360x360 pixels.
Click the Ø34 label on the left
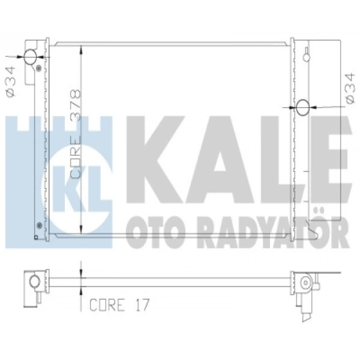[x=10, y=81]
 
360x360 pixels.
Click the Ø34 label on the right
[x=350, y=88]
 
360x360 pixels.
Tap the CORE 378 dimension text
[x=76, y=134]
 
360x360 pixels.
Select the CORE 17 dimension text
[x=119, y=305]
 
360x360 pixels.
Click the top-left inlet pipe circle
[x=30, y=56]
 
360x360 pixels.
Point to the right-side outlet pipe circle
[x=303, y=107]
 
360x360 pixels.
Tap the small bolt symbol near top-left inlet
[x=38, y=68]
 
